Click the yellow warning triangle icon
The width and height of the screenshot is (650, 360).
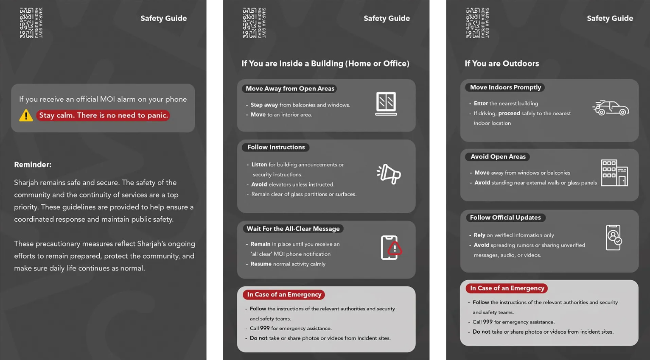click(26, 115)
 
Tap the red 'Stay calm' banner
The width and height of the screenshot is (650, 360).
click(103, 115)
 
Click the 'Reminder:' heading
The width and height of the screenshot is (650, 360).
click(33, 165)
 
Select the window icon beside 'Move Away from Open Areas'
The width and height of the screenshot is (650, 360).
click(386, 103)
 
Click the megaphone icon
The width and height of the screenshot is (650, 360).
click(389, 174)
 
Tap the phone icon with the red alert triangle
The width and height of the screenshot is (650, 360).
click(391, 248)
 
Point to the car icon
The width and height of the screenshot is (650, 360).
click(611, 108)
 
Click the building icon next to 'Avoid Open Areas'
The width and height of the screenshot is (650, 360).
click(614, 173)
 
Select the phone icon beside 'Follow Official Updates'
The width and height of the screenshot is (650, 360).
click(614, 237)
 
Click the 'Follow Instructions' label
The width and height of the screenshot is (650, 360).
click(276, 147)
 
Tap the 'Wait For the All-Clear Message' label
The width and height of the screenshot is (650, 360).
click(293, 229)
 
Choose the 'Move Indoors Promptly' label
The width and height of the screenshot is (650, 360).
click(505, 87)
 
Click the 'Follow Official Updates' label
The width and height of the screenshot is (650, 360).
click(505, 218)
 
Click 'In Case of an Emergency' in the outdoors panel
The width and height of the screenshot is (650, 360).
click(507, 288)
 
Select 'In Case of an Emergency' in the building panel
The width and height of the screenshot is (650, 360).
click(284, 295)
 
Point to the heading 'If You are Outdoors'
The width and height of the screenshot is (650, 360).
click(502, 64)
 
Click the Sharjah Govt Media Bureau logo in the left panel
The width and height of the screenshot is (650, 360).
click(31, 23)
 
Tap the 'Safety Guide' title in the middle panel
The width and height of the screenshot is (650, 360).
click(387, 18)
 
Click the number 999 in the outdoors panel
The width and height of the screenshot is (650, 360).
click(488, 322)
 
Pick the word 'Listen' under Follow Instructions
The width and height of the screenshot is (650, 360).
click(259, 165)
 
